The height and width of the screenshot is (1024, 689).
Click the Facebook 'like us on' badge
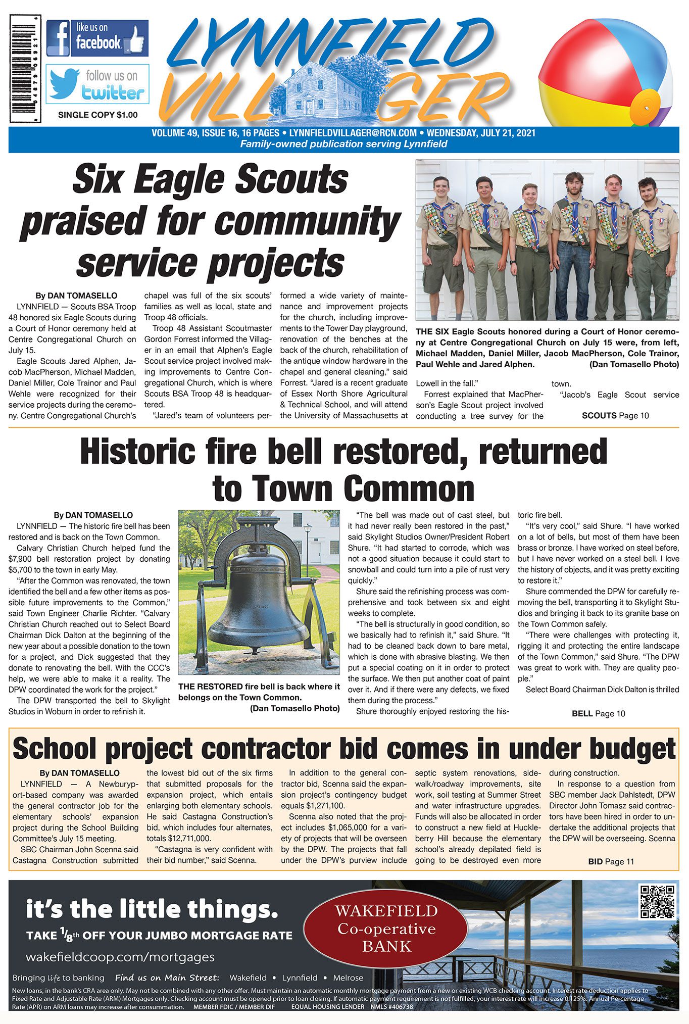[x=97, y=38]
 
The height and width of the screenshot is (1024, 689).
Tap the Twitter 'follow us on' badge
[x=97, y=84]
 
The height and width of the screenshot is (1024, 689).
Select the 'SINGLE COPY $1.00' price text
[x=97, y=115]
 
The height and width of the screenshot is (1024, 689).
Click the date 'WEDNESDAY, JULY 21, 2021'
[x=481, y=133]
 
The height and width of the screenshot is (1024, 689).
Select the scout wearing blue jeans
[x=574, y=248]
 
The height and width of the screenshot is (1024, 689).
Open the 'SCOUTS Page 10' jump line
[x=615, y=416]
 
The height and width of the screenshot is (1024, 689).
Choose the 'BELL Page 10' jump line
[x=598, y=714]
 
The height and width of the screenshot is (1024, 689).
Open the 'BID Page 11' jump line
[x=611, y=862]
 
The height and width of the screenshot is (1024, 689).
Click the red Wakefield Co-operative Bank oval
[x=386, y=929]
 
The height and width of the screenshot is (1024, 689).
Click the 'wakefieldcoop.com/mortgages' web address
[x=120, y=957]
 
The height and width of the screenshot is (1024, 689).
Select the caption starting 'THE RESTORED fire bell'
[x=259, y=697]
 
